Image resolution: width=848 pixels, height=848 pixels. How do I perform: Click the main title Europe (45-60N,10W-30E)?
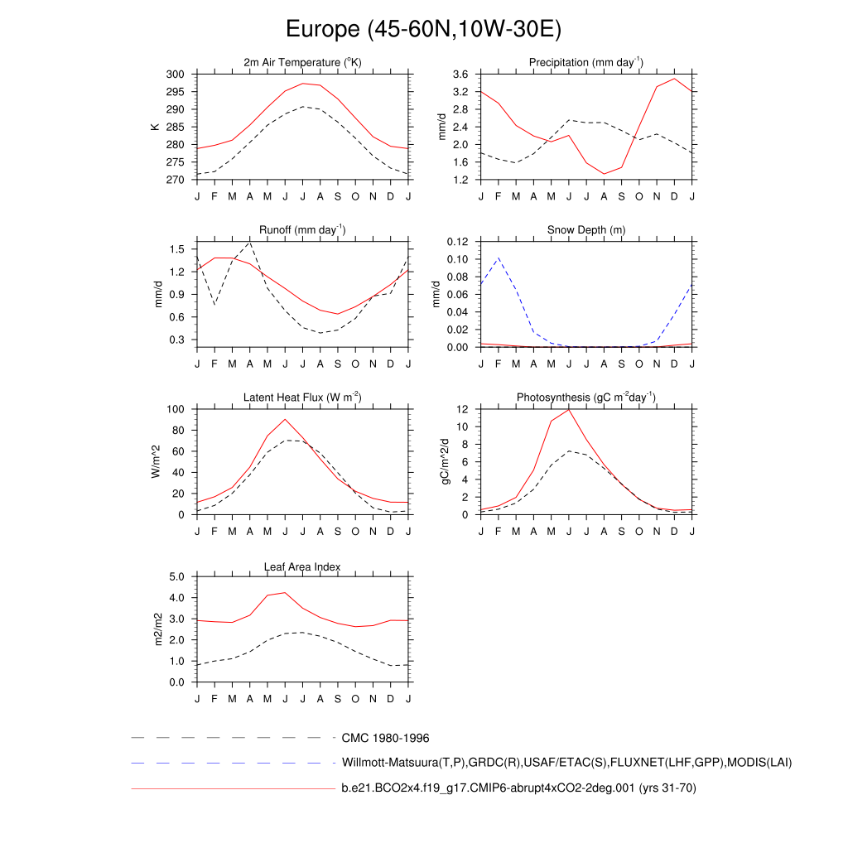[423, 30]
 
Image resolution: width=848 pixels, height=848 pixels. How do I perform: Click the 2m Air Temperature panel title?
[302, 63]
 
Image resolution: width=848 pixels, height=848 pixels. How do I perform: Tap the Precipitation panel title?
[586, 63]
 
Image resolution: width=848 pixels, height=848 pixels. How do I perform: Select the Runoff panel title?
[302, 230]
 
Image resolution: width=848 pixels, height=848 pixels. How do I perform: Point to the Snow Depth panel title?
[586, 230]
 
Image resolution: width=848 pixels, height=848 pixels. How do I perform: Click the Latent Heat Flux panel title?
[302, 397]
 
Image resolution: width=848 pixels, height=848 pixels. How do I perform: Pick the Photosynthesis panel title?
[586, 397]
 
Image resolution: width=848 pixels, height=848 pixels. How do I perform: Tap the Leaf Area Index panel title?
[302, 566]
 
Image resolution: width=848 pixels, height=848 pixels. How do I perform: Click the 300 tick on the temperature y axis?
[175, 75]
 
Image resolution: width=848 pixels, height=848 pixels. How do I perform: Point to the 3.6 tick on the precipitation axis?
[460, 75]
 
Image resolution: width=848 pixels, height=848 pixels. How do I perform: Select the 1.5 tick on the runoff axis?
[176, 249]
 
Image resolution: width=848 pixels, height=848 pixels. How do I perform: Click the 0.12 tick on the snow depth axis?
[457, 242]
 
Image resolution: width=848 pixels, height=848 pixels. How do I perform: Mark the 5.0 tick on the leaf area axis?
[176, 577]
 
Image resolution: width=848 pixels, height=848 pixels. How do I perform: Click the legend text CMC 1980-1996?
[385, 738]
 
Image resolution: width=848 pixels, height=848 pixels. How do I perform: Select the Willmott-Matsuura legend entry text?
[566, 763]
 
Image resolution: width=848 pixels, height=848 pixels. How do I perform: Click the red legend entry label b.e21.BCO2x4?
[518, 788]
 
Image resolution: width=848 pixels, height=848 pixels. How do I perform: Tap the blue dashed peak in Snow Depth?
[498, 258]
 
